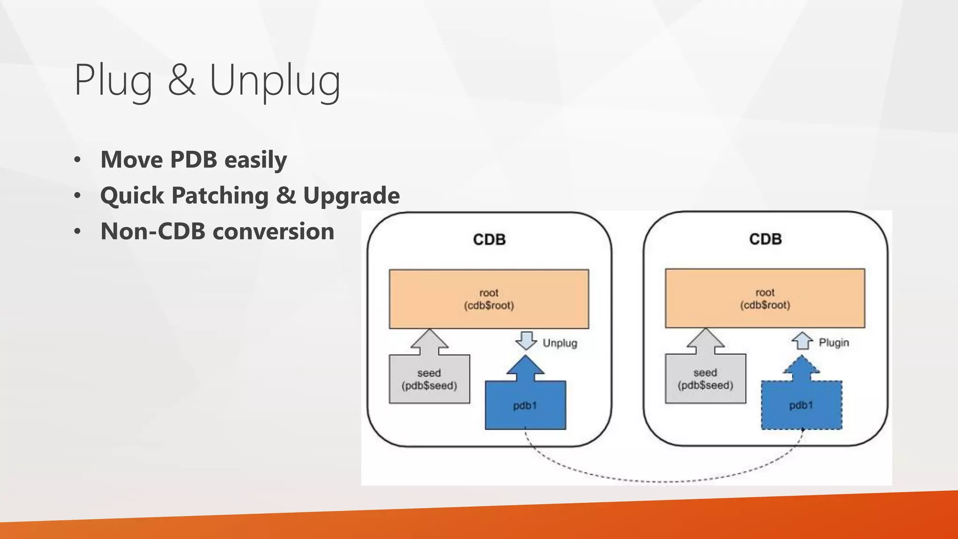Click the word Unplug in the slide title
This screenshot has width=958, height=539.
(x=275, y=80)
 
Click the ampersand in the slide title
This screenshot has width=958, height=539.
(x=181, y=80)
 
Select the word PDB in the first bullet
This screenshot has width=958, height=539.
(x=193, y=160)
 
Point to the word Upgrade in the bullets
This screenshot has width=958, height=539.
(x=351, y=196)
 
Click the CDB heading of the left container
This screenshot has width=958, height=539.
(x=489, y=240)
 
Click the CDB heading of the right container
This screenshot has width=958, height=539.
(x=765, y=239)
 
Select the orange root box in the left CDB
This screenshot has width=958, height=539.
(x=489, y=299)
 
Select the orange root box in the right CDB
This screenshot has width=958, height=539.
(x=765, y=299)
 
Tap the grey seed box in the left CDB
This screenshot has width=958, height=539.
(x=429, y=379)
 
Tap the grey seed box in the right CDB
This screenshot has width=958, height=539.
(x=705, y=379)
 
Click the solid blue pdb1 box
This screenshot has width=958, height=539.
(x=525, y=405)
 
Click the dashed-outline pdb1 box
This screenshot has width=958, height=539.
(x=801, y=405)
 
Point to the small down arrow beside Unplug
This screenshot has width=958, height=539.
(x=526, y=341)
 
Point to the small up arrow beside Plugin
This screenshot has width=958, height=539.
(x=802, y=341)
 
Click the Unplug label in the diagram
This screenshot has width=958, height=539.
(x=559, y=343)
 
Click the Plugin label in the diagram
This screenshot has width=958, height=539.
(x=834, y=342)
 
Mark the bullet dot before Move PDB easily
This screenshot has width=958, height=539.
(x=78, y=160)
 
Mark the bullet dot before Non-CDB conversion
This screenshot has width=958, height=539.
(x=78, y=232)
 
